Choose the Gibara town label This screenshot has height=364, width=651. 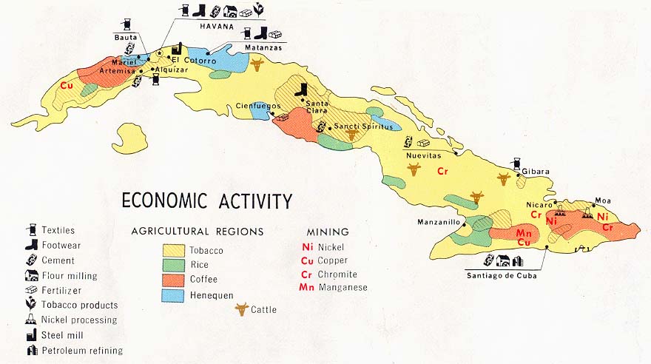(x=535, y=172)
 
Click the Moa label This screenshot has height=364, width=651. (x=603, y=200)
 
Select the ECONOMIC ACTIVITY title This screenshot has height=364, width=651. (x=207, y=201)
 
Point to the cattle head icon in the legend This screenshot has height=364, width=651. (x=240, y=309)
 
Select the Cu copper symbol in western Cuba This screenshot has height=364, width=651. (x=67, y=85)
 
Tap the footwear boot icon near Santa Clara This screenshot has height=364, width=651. (x=300, y=90)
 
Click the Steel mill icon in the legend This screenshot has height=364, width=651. (x=32, y=336)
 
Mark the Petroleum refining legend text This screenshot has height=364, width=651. (x=82, y=351)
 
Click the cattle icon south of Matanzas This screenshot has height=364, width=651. (x=257, y=65)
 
